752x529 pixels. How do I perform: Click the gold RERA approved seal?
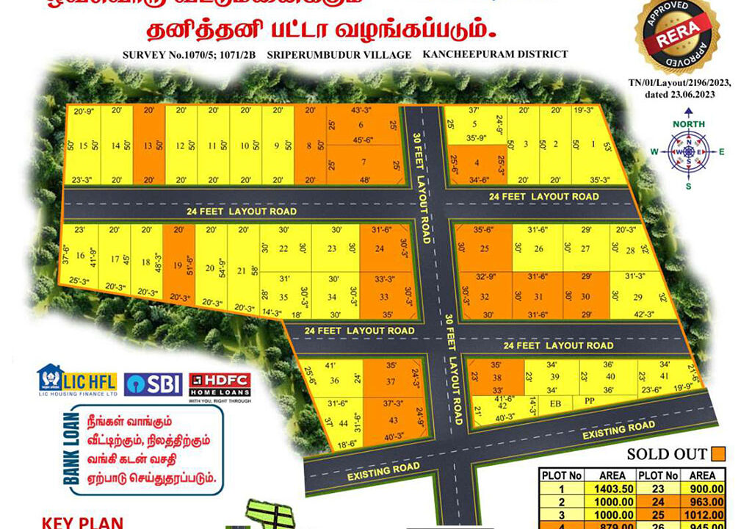[x=676, y=36]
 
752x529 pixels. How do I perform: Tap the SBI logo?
[x=153, y=384]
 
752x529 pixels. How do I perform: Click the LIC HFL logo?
[x=77, y=382]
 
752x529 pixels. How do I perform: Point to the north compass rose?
[x=688, y=151]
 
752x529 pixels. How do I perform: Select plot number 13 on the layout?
[x=149, y=145]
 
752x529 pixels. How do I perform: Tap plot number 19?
[x=176, y=267]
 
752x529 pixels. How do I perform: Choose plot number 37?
[x=391, y=381]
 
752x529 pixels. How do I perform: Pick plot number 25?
[x=484, y=249]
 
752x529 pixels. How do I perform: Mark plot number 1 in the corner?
[x=593, y=145]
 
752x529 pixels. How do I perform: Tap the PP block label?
[x=588, y=403]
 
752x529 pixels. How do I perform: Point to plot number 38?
[x=496, y=375]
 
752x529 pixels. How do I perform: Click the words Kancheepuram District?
[x=495, y=54]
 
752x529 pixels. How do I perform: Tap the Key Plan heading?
[x=82, y=522]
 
